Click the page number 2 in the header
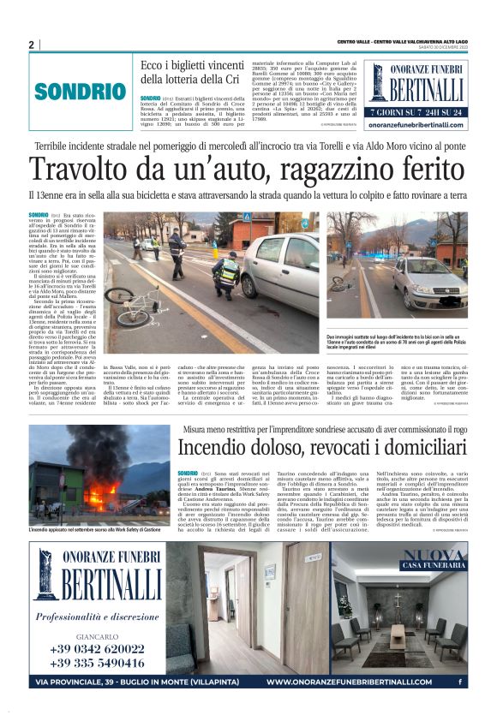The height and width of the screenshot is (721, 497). (x=32, y=45)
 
